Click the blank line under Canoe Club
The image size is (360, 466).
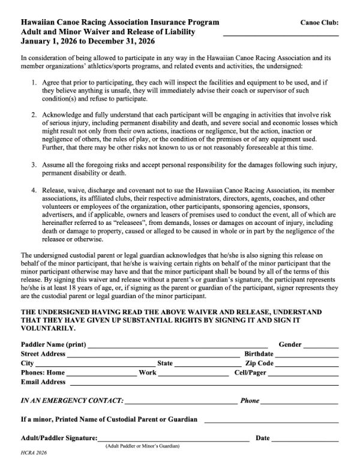coord(280,35)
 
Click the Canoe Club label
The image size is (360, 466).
coord(319,23)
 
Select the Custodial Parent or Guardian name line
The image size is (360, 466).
coord(271,420)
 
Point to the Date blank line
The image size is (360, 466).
coord(305,440)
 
